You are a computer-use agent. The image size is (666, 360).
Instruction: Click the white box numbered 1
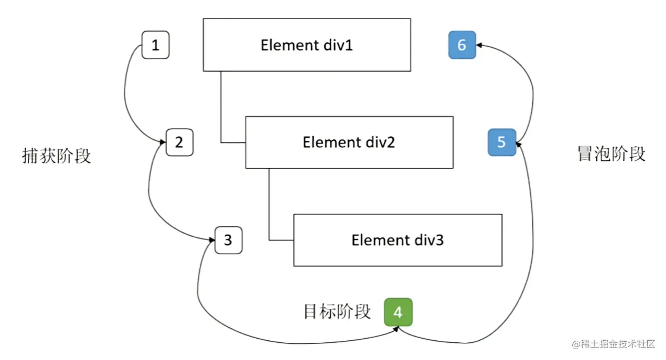[x=156, y=45]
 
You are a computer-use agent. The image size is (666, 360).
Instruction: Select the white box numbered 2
[x=180, y=142]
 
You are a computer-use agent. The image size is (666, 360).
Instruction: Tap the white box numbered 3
[x=228, y=240]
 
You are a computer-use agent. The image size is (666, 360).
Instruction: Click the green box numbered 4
[x=398, y=312]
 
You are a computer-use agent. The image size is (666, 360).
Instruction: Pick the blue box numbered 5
[x=502, y=142]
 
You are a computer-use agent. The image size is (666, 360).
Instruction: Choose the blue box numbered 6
[x=462, y=45]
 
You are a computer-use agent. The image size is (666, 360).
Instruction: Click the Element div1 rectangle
[x=306, y=45]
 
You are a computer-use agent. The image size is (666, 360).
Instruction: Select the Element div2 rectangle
[x=349, y=142]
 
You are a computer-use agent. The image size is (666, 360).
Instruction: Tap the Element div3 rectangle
[x=398, y=240]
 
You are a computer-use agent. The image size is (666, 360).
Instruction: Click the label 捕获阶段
[x=57, y=156]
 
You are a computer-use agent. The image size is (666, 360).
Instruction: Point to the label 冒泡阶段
[x=611, y=154]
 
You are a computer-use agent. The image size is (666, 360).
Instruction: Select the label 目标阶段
[x=337, y=312]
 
